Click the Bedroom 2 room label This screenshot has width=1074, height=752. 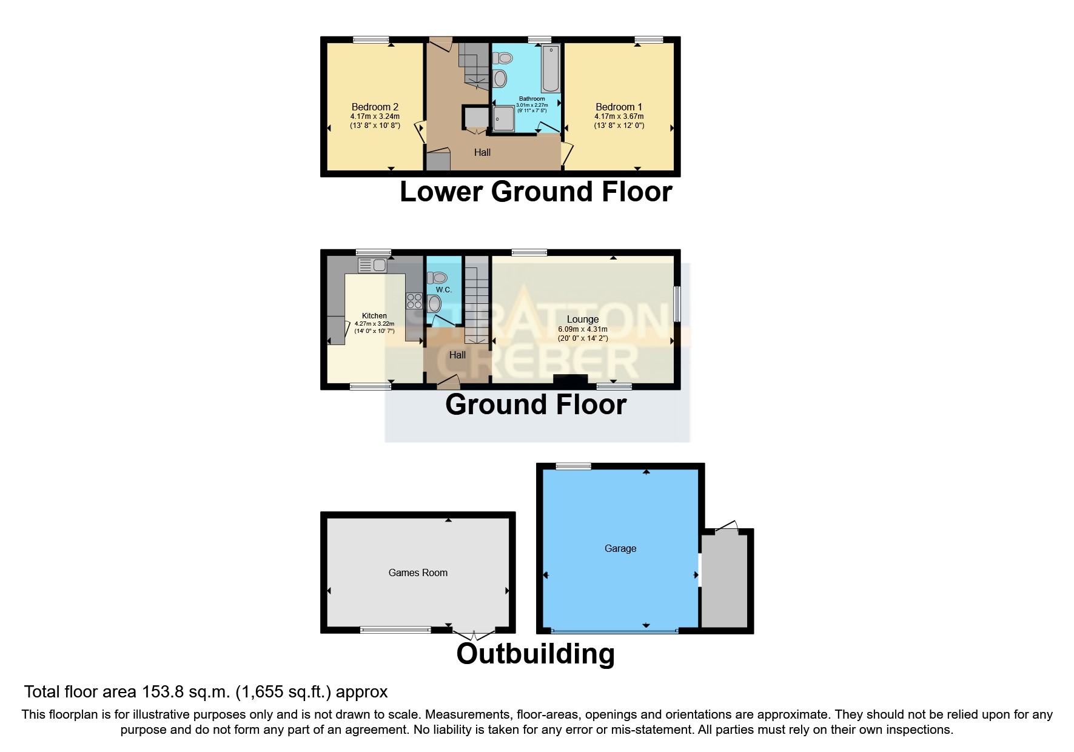[375, 107]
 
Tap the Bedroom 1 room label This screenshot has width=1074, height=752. [619, 107]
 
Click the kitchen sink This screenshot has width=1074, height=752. [372, 265]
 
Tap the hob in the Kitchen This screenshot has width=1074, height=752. [414, 301]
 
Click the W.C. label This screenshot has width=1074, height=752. [444, 290]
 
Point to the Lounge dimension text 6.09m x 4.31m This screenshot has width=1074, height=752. [582, 329]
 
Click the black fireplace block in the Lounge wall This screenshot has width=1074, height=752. [570, 381]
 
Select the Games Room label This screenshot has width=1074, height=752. [418, 572]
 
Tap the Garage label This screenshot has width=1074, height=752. [620, 548]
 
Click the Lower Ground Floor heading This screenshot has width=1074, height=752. [536, 192]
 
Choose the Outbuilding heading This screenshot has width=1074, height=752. [535, 654]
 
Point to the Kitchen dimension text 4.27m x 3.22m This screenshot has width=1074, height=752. [374, 324]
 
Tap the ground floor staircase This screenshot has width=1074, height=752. [477, 300]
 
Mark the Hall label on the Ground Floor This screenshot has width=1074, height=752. [457, 355]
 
